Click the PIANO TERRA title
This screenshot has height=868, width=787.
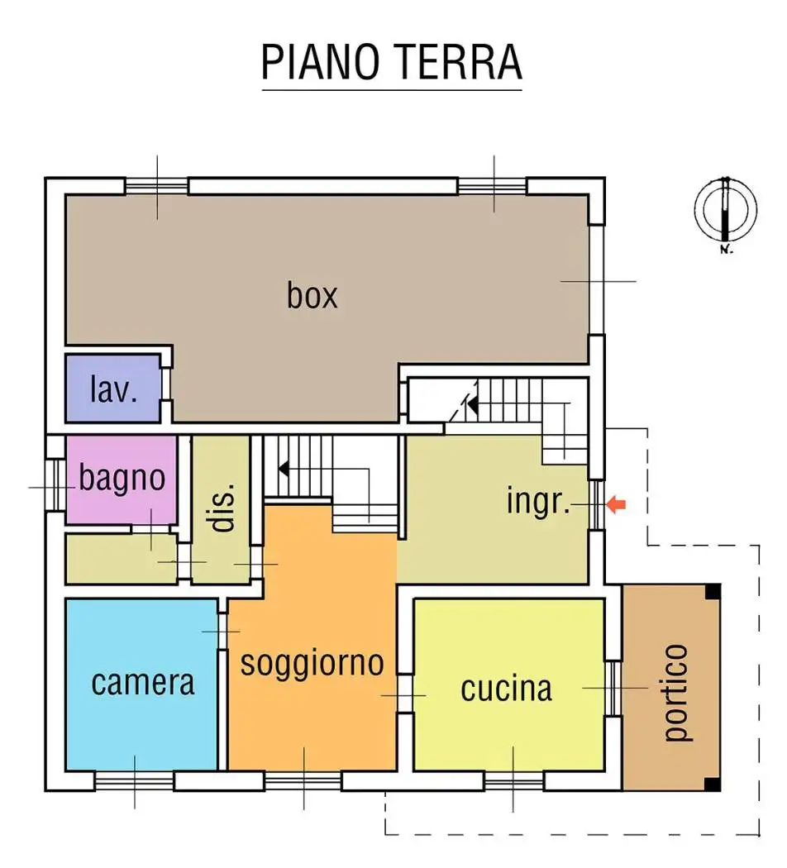(391, 61)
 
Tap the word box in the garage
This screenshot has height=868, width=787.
(312, 295)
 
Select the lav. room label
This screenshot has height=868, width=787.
(113, 389)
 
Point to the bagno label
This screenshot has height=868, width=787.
(122, 479)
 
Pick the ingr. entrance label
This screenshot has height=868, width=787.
(539, 502)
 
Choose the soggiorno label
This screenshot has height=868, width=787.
(312, 663)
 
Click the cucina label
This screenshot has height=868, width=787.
(506, 688)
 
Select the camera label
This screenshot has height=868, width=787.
(143, 683)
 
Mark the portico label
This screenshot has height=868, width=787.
(675, 693)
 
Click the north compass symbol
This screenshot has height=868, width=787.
(725, 210)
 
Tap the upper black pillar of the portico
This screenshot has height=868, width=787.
(713, 592)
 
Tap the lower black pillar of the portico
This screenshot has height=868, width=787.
(713, 784)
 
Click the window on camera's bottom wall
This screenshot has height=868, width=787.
(135, 780)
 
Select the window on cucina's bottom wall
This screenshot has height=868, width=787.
(513, 780)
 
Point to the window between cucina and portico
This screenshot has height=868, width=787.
(613, 688)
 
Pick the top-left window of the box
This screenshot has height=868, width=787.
(157, 186)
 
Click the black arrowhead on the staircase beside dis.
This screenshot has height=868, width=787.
(284, 469)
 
